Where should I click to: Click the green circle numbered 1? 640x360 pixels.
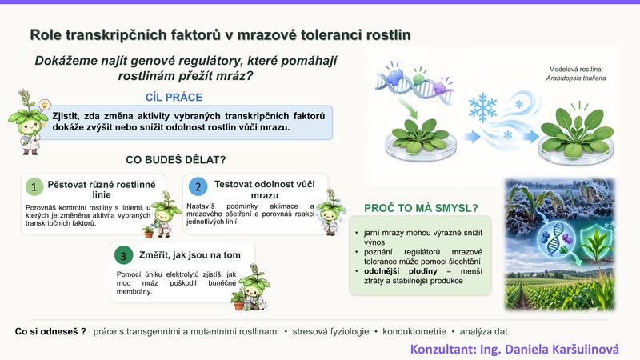(x=34, y=187)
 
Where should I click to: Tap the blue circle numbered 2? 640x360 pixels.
(x=198, y=187)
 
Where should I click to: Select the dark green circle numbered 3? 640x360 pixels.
(x=123, y=256)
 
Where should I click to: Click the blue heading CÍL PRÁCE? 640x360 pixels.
(x=174, y=97)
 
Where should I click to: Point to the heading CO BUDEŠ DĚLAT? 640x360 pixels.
(x=175, y=159)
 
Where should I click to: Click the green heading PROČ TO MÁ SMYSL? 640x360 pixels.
(x=421, y=208)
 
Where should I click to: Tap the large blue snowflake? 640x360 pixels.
(x=483, y=108)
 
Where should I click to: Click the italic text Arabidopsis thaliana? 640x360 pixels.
(x=576, y=78)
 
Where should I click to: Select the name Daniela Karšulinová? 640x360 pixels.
(x=562, y=350)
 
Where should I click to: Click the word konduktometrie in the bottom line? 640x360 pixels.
(x=414, y=331)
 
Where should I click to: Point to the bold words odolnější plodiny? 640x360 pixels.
(x=401, y=271)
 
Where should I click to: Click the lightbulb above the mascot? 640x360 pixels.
(x=44, y=105)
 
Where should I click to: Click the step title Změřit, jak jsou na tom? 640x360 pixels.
(x=190, y=255)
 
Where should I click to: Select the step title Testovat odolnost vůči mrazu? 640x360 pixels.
(x=265, y=190)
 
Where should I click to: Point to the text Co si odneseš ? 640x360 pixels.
(x=50, y=331)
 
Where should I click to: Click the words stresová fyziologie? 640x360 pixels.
(x=330, y=331)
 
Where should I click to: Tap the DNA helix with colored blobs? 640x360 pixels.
(x=414, y=83)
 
